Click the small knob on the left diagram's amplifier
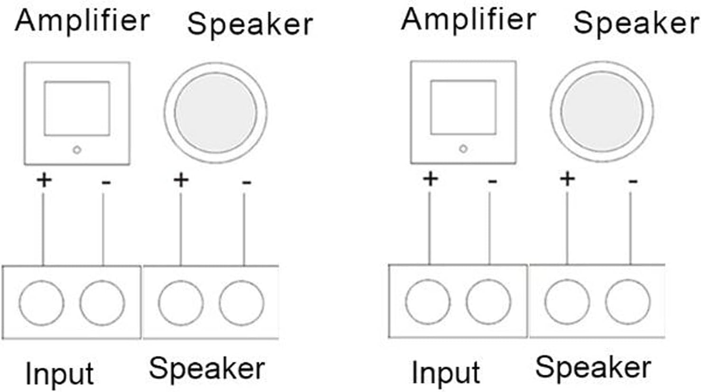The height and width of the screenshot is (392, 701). (x=77, y=150)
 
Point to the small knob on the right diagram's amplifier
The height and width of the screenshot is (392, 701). (x=464, y=149)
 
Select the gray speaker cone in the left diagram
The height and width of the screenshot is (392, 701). (x=215, y=113)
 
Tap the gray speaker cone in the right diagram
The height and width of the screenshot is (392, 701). (x=602, y=112)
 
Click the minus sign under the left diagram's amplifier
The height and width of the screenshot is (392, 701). (x=106, y=182)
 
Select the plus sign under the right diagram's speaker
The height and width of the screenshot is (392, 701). (x=567, y=179)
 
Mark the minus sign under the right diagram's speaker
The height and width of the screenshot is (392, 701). (x=633, y=182)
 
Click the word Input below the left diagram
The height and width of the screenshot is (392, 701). (x=59, y=373)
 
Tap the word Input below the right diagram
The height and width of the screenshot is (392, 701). (x=446, y=372)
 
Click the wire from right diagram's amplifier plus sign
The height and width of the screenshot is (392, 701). (x=430, y=228)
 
